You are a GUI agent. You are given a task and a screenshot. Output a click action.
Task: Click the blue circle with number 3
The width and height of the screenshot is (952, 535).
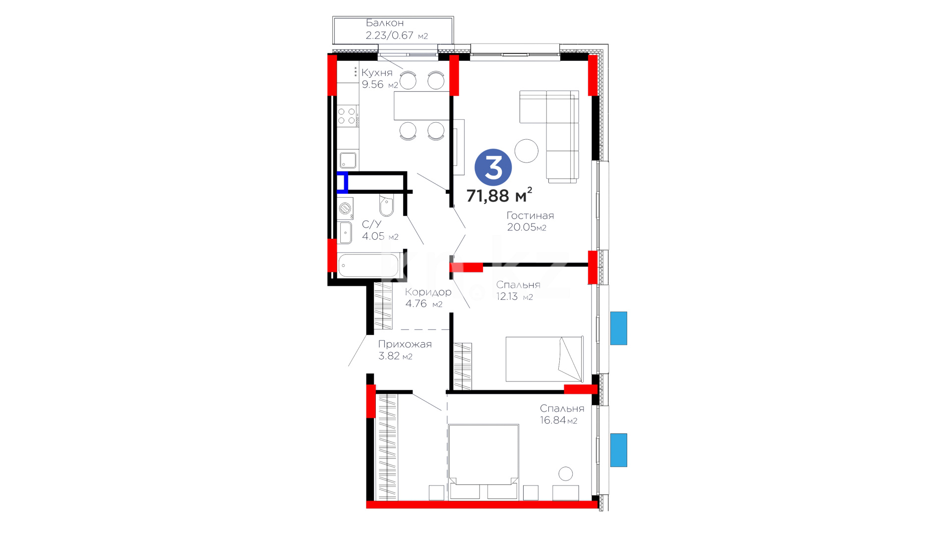click(493, 167)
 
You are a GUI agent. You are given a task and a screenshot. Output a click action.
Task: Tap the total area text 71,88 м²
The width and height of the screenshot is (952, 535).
click(499, 195)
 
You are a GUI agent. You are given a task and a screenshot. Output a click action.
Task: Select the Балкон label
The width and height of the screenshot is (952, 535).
click(385, 23)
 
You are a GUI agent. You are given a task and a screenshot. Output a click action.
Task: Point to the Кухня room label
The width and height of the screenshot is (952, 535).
click(377, 73)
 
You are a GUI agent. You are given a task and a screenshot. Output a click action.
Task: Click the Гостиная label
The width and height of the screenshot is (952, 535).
click(530, 215)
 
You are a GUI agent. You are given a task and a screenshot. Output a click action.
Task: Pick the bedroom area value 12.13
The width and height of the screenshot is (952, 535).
click(507, 296)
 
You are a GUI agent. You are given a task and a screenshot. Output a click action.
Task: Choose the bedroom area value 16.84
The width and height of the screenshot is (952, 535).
click(553, 420)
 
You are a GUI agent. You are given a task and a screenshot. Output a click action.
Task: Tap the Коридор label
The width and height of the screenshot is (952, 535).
click(428, 292)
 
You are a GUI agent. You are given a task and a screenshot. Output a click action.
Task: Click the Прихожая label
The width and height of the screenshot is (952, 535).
click(405, 344)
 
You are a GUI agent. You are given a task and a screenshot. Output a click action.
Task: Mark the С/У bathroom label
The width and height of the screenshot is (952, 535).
click(372, 224)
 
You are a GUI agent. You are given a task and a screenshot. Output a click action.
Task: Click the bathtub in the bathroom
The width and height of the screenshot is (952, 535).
click(369, 265)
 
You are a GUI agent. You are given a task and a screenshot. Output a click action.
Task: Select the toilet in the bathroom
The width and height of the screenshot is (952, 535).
click(387, 206)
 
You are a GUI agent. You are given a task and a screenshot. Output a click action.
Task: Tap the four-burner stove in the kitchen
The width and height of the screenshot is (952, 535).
click(348, 116)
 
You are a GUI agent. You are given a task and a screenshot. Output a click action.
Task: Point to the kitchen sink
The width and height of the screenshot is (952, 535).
click(348, 160)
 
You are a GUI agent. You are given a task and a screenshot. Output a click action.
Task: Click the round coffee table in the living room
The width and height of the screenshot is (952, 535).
click(526, 151)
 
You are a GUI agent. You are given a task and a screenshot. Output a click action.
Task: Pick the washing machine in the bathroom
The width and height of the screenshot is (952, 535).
click(345, 209)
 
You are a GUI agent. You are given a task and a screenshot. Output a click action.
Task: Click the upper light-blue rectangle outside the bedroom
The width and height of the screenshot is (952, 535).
click(618, 328)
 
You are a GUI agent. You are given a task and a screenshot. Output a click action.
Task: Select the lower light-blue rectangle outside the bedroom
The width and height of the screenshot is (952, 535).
click(618, 450)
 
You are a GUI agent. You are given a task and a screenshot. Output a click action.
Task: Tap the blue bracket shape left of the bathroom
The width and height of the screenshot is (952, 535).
click(343, 182)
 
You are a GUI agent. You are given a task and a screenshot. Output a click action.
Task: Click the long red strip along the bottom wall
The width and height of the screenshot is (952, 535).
click(482, 505)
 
